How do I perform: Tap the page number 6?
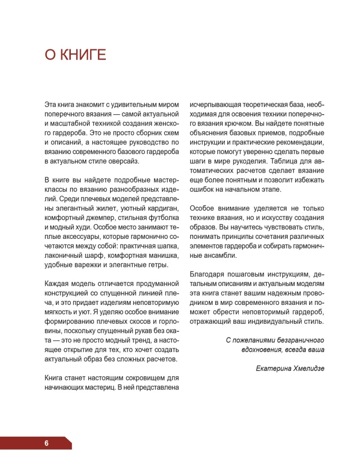tap(47, 443)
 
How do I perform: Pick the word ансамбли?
tap(220, 255)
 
